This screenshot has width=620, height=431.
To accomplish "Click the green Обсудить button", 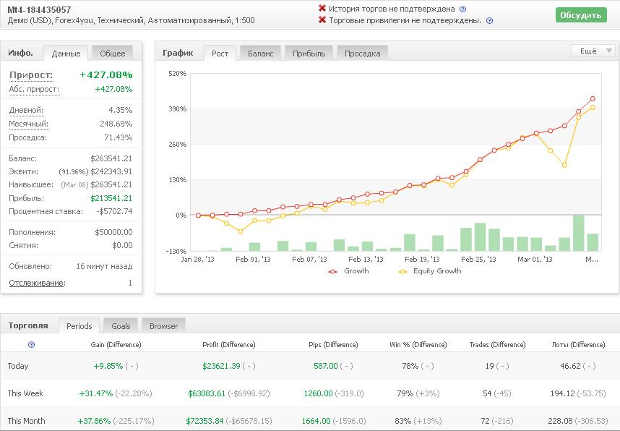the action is [x=581, y=15].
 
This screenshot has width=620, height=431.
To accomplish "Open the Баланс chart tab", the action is [x=261, y=54].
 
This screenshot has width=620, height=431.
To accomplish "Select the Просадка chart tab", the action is [x=362, y=54].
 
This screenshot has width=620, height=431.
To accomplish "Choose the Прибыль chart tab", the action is [x=309, y=54].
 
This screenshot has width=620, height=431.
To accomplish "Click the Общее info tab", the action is [x=112, y=54].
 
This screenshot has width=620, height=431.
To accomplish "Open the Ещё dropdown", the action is [x=593, y=51].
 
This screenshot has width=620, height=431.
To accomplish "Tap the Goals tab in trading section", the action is [x=121, y=325].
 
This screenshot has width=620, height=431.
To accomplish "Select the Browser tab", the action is [x=163, y=325].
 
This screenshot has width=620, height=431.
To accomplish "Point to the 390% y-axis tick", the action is [x=177, y=109].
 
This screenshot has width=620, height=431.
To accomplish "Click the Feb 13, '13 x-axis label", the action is [x=366, y=259].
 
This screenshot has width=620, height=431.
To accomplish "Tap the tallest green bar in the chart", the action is [x=579, y=233].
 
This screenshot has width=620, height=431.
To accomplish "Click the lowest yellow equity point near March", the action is [x=564, y=165].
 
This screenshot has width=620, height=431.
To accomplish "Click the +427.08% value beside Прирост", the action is [x=106, y=74].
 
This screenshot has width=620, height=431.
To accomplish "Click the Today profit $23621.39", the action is [x=221, y=366].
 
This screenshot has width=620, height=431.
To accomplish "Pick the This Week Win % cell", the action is [x=418, y=393].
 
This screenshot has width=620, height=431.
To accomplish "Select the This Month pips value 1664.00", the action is [x=316, y=421].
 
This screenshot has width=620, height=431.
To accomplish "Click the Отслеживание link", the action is [x=36, y=283].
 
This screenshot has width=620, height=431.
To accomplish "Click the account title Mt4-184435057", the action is [x=39, y=9].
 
